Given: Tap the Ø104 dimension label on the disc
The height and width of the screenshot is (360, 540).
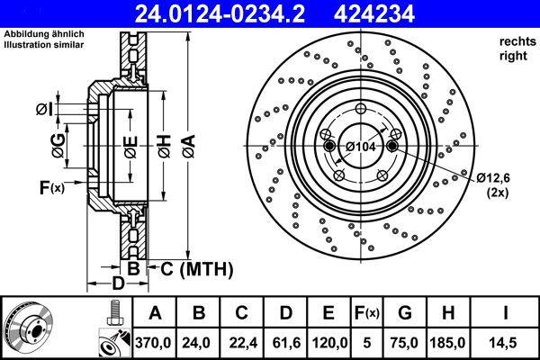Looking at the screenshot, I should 363,146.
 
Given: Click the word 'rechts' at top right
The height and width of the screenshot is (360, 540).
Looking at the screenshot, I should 512,42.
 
